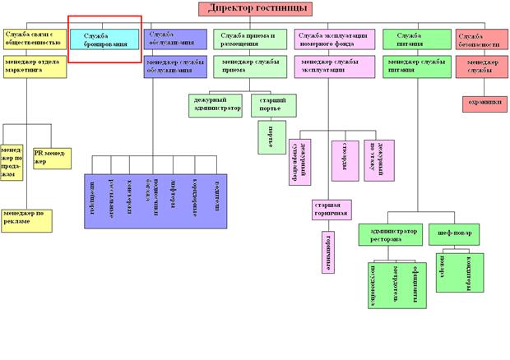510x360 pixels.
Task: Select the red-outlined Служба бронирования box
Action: pos(104,39)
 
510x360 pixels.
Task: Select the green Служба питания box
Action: pos(415,39)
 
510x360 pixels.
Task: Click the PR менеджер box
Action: pos(51,157)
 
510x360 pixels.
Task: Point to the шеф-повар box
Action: pos(453,233)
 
